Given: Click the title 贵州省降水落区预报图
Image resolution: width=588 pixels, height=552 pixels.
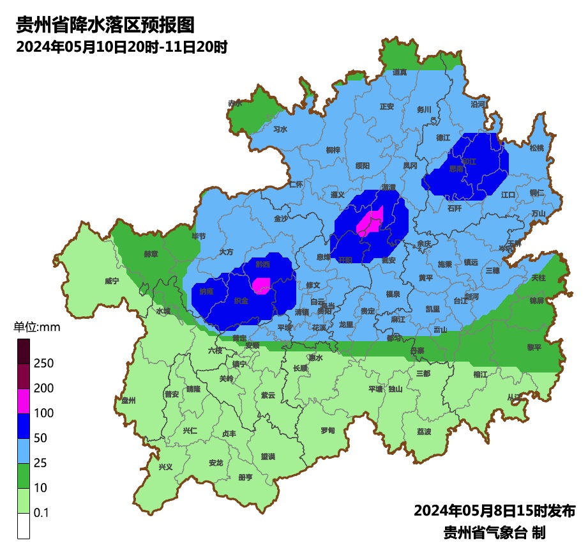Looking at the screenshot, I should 104,26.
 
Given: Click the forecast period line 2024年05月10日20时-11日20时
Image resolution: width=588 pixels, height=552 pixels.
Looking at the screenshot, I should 121,47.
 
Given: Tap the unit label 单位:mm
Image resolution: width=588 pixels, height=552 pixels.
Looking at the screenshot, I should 36,328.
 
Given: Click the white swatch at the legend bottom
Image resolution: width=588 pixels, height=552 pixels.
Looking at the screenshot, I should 24,526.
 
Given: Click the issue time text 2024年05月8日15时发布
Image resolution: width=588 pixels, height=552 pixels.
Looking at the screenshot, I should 495,510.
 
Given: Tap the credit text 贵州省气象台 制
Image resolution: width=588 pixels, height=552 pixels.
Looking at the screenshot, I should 495,532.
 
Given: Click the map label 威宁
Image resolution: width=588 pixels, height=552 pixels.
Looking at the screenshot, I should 112,281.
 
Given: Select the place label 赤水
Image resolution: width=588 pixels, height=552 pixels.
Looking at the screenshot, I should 235,103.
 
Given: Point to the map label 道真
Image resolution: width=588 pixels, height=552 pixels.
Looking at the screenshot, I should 400,72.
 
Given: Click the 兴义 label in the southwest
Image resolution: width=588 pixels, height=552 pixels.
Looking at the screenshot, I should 165,467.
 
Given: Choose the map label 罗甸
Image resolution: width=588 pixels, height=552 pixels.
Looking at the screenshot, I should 328,430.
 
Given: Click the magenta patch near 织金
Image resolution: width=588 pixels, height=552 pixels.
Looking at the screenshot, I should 261,285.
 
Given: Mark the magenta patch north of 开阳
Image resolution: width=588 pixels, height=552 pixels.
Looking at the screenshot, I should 370,222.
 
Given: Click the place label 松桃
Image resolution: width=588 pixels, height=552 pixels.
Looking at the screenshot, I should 537,148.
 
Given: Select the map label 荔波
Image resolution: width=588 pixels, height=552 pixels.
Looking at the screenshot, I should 424,432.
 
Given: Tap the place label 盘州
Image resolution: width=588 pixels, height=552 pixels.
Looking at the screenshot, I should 129,401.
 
